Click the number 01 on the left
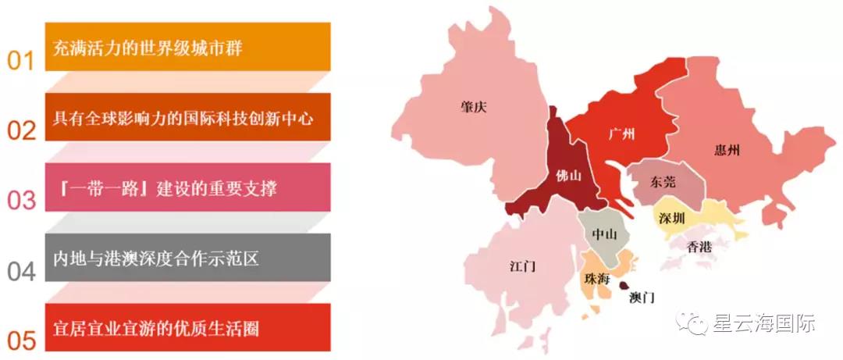[21, 61]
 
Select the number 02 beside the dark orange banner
[21, 130]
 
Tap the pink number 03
[21, 201]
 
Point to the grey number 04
[21, 271]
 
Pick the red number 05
[21, 340]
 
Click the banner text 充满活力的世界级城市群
[148, 48]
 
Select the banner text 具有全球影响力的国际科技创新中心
[183, 119]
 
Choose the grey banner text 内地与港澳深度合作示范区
[155, 258]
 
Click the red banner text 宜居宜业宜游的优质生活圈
[156, 328]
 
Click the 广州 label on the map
[621, 134]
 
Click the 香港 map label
[699, 247]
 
